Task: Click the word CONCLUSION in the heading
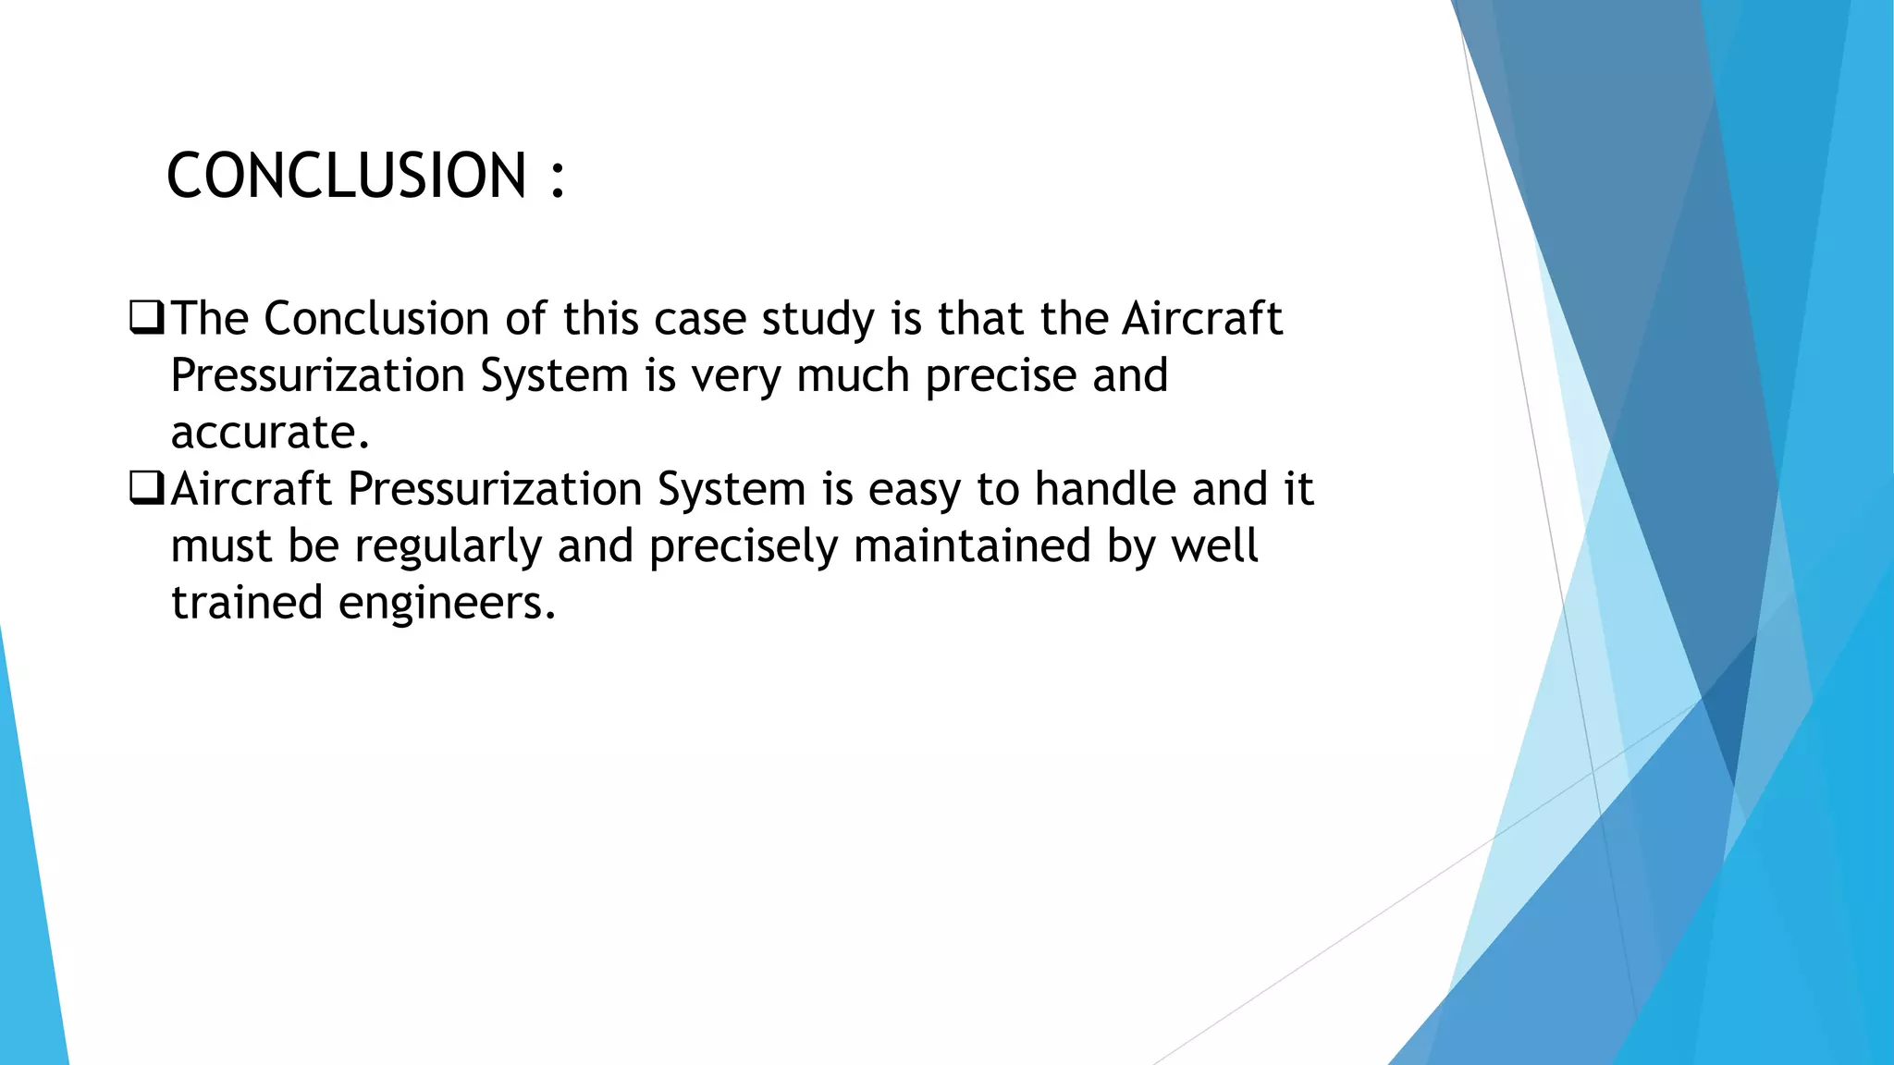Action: pos(346,176)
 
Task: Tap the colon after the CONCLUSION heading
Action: pos(557,177)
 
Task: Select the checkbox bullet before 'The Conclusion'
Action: pos(147,318)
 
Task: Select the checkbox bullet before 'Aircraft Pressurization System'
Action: pos(147,488)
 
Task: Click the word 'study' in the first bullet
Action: pos(818,320)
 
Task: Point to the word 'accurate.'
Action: pos(270,433)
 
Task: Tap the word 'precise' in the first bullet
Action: pos(1001,376)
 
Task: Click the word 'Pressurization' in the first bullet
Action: pos(317,376)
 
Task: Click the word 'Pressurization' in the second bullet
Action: pos(495,489)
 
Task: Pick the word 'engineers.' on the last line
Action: pos(448,603)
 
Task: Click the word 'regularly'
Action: pos(448,546)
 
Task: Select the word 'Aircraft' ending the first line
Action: pos(1202,319)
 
